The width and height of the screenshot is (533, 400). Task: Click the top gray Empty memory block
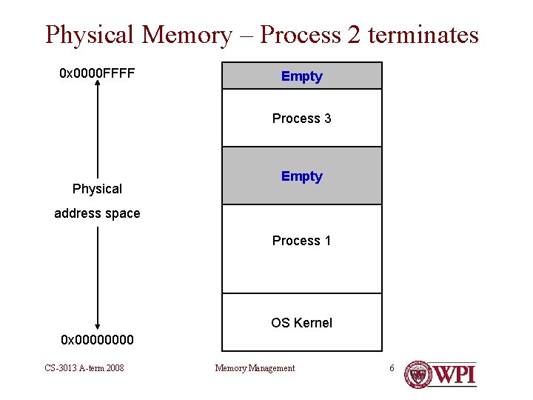[302, 76]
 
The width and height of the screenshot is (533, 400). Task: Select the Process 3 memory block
[302, 119]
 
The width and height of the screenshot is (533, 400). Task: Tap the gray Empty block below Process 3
[302, 176]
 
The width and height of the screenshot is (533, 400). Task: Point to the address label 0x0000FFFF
[97, 74]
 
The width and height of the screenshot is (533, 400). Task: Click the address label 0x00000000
[97, 340]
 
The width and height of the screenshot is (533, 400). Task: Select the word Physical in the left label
[97, 189]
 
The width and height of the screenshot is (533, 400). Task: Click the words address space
[97, 213]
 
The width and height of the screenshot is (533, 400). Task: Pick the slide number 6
[393, 368]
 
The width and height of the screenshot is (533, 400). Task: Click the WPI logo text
[454, 374]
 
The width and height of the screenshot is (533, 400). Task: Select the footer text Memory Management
[255, 368]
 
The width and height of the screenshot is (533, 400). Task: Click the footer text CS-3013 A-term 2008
[84, 368]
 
